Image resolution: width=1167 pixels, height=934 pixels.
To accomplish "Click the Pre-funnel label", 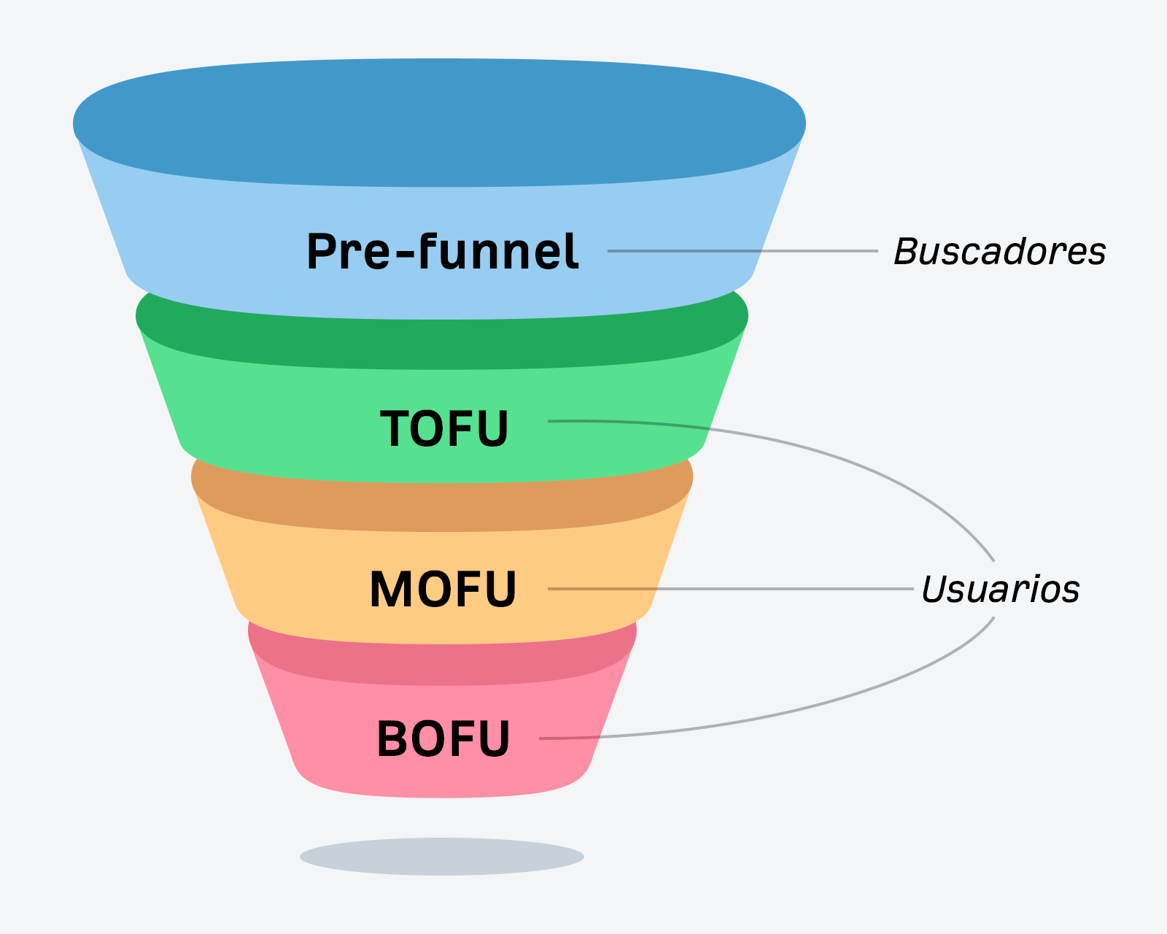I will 443,252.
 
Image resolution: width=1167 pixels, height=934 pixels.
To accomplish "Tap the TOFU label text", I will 444,428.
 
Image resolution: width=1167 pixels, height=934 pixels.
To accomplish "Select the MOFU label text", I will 443,590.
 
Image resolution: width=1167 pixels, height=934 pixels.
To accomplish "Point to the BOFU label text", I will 443,739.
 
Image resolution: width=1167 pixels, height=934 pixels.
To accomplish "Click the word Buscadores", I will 1000,252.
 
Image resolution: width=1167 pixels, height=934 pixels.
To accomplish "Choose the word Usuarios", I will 1000,590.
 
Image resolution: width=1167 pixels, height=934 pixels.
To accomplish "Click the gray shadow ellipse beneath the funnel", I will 442,856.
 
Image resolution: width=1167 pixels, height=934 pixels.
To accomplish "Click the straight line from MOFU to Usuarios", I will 766,589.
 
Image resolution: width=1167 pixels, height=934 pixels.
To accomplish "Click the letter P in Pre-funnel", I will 322,252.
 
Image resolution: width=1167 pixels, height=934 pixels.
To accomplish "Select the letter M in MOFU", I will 392,590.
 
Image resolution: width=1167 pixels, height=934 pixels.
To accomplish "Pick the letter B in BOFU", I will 394,739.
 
